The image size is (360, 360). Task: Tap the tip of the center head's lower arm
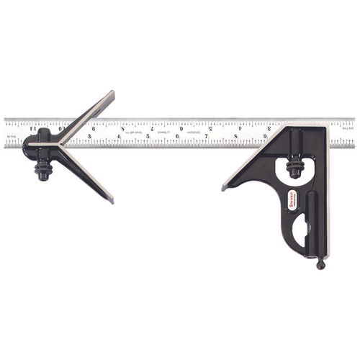111,200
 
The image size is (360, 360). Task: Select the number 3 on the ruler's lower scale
89,136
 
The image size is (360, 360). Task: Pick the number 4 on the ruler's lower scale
119,136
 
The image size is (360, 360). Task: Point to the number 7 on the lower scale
207,135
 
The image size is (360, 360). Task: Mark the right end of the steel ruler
353,132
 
